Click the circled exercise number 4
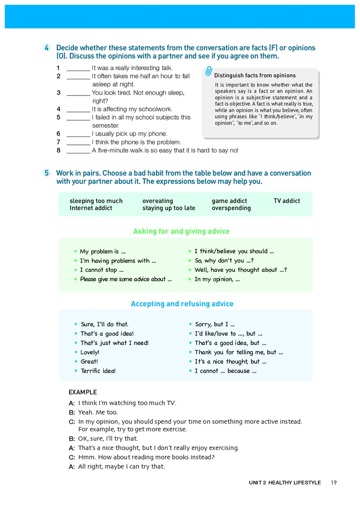(x=47, y=48)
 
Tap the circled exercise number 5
(x=47, y=173)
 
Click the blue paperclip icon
(x=209, y=72)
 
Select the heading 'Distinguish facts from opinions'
(x=255, y=76)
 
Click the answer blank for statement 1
(x=78, y=68)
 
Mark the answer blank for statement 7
(x=78, y=142)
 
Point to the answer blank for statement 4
(x=78, y=109)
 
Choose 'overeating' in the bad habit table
(x=157, y=201)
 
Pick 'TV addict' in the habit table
(x=287, y=201)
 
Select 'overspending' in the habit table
(x=231, y=208)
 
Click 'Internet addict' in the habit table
(x=91, y=208)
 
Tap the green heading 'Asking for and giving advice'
(x=181, y=231)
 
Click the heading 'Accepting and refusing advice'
(x=182, y=304)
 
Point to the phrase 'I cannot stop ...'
(x=102, y=270)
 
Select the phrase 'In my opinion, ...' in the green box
(x=217, y=279)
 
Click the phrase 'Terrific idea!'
(x=98, y=371)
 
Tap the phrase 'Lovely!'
(x=90, y=352)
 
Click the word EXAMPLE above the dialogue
(x=83, y=392)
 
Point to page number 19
(x=333, y=482)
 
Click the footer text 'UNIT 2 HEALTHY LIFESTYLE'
(x=285, y=482)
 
